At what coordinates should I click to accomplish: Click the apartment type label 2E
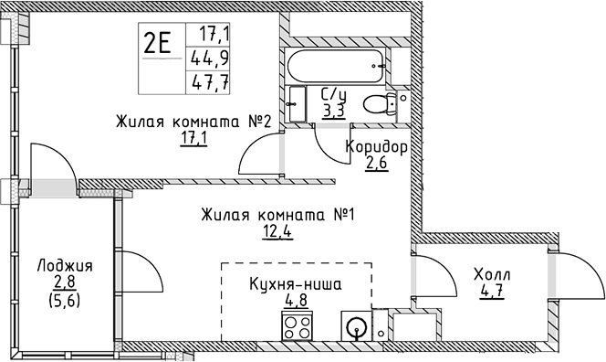158,45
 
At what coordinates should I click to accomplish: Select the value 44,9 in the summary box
209,59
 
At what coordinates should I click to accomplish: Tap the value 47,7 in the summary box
209,81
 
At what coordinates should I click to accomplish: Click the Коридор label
375,147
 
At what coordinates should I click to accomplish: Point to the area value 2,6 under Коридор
376,165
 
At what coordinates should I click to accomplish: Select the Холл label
491,275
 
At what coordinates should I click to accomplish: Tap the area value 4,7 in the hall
491,293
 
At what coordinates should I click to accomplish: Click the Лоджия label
65,266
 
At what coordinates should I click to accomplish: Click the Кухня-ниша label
295,284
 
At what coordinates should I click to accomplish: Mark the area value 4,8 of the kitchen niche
294,300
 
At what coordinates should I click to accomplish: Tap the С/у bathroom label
332,93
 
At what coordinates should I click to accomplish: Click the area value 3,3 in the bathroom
333,111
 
